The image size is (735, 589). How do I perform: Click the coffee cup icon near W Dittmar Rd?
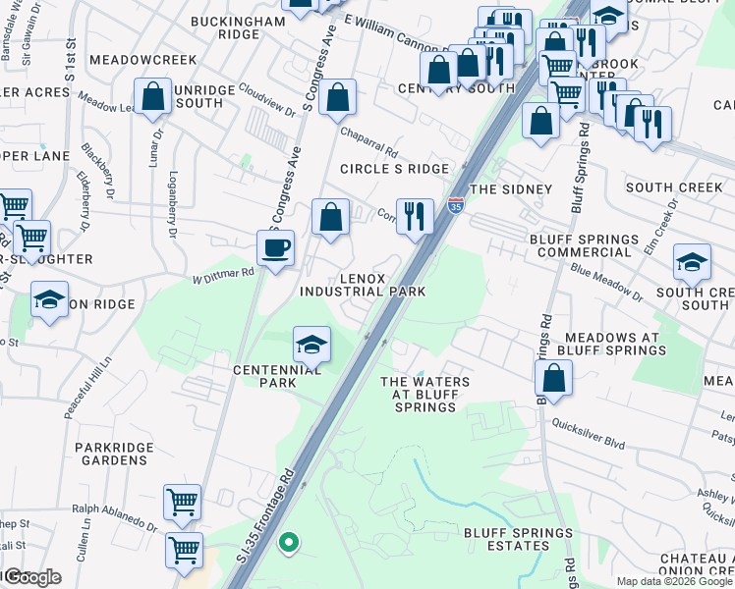click(276, 247)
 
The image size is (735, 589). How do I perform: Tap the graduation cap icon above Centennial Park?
click(311, 346)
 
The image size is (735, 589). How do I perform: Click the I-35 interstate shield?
click(455, 205)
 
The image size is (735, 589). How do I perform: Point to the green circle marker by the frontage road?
click(288, 541)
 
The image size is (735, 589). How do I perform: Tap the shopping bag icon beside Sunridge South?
click(154, 97)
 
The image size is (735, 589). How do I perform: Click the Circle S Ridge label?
click(394, 169)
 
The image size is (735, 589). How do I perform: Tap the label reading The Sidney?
click(511, 188)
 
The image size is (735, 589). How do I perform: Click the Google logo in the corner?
click(31, 577)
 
